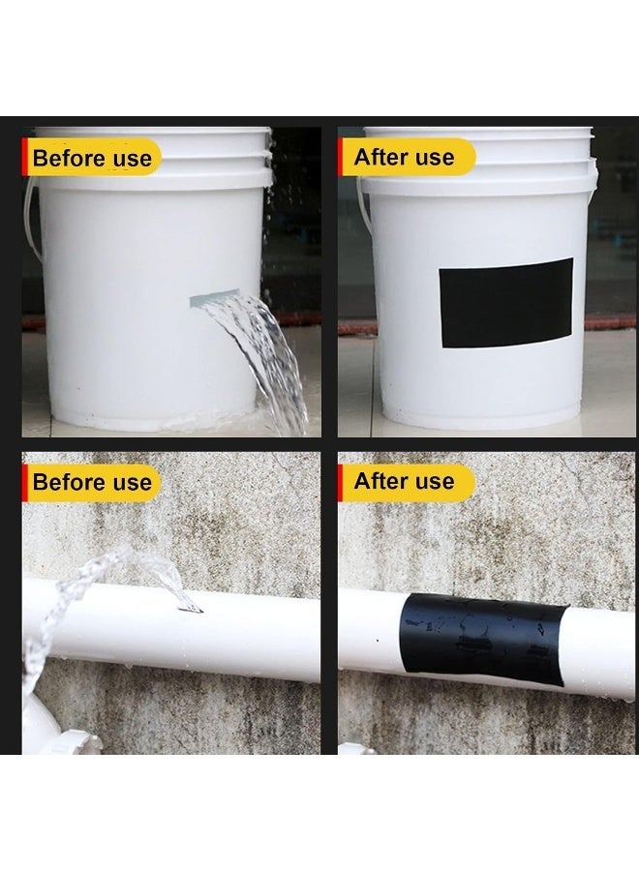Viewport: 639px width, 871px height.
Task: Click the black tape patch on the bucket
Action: coord(505,303)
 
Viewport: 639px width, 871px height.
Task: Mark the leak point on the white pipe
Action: coord(192,607)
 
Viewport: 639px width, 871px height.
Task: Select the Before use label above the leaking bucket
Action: coord(92,158)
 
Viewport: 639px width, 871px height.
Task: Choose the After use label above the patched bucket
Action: coord(404,157)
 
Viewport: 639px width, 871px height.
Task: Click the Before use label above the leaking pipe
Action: coord(92,481)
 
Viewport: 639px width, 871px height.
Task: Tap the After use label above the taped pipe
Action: coord(404,481)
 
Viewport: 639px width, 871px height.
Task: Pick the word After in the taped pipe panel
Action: coord(378,481)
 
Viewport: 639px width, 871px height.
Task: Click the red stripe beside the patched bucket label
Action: coord(340,157)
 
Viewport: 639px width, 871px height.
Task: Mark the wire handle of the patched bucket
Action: coord(360,208)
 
